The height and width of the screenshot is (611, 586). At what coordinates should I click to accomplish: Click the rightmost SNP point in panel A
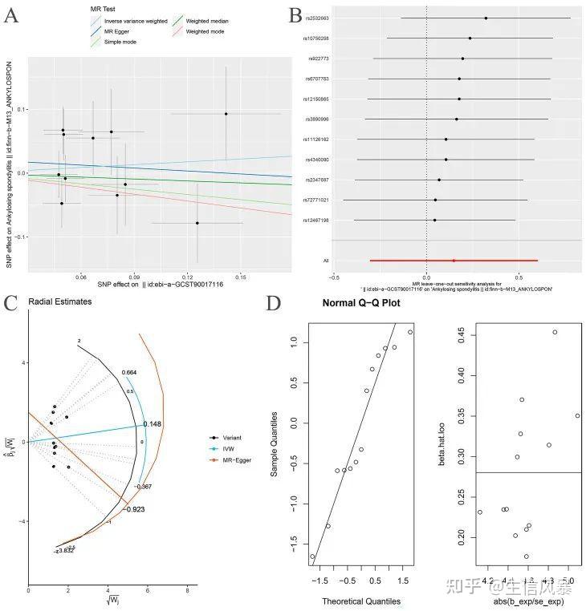click(x=226, y=114)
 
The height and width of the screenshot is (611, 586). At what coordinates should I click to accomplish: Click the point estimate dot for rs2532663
click(x=486, y=18)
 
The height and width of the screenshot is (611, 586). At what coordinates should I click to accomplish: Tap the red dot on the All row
click(x=454, y=261)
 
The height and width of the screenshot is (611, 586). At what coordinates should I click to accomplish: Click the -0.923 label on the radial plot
click(x=134, y=508)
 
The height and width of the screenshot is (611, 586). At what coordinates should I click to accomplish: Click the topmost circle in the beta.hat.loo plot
click(x=555, y=332)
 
